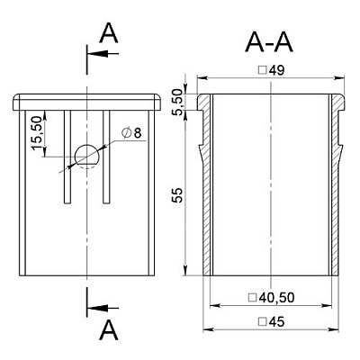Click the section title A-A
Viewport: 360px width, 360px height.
[269, 43]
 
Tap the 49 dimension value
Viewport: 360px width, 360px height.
[276, 70]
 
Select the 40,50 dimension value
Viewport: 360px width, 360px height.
[277, 298]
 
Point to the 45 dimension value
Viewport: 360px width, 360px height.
[276, 322]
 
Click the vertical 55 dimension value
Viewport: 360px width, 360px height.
[179, 195]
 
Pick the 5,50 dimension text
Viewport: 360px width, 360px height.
[179, 102]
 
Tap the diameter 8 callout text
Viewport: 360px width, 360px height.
[131, 132]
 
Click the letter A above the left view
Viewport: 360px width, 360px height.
[109, 33]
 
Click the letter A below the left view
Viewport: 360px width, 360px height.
[109, 329]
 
